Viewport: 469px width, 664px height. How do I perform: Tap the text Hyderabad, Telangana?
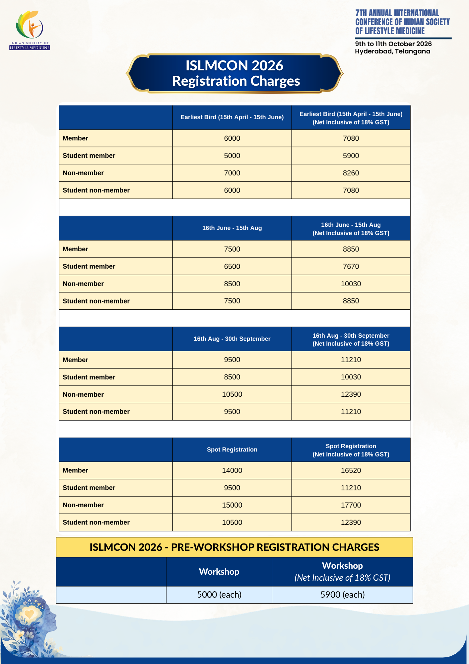tap(392, 51)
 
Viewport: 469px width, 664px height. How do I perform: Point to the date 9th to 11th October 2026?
tap(393, 44)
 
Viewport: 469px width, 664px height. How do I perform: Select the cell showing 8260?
tap(351, 173)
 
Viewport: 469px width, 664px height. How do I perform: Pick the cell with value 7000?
tap(232, 173)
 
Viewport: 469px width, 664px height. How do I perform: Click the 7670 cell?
tap(351, 266)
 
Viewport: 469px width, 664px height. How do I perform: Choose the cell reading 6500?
tap(232, 266)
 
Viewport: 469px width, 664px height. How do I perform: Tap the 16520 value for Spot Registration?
tap(351, 470)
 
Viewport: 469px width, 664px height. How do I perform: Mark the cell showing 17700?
tap(351, 505)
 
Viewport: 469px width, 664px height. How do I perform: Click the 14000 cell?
tap(232, 470)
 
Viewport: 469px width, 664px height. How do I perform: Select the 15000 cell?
tap(232, 505)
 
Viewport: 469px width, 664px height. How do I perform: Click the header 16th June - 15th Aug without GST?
tap(232, 228)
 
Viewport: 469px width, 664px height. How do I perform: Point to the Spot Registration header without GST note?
tap(232, 450)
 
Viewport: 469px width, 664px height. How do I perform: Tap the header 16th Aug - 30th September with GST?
tap(351, 339)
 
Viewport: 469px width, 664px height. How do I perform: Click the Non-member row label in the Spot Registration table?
tap(83, 505)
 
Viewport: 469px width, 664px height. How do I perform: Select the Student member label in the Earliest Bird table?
tap(89, 156)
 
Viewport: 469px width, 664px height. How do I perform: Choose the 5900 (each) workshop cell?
tap(342, 595)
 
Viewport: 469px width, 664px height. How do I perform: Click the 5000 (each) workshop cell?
tap(219, 595)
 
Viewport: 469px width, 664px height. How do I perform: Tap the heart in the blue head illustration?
tap(29, 614)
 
